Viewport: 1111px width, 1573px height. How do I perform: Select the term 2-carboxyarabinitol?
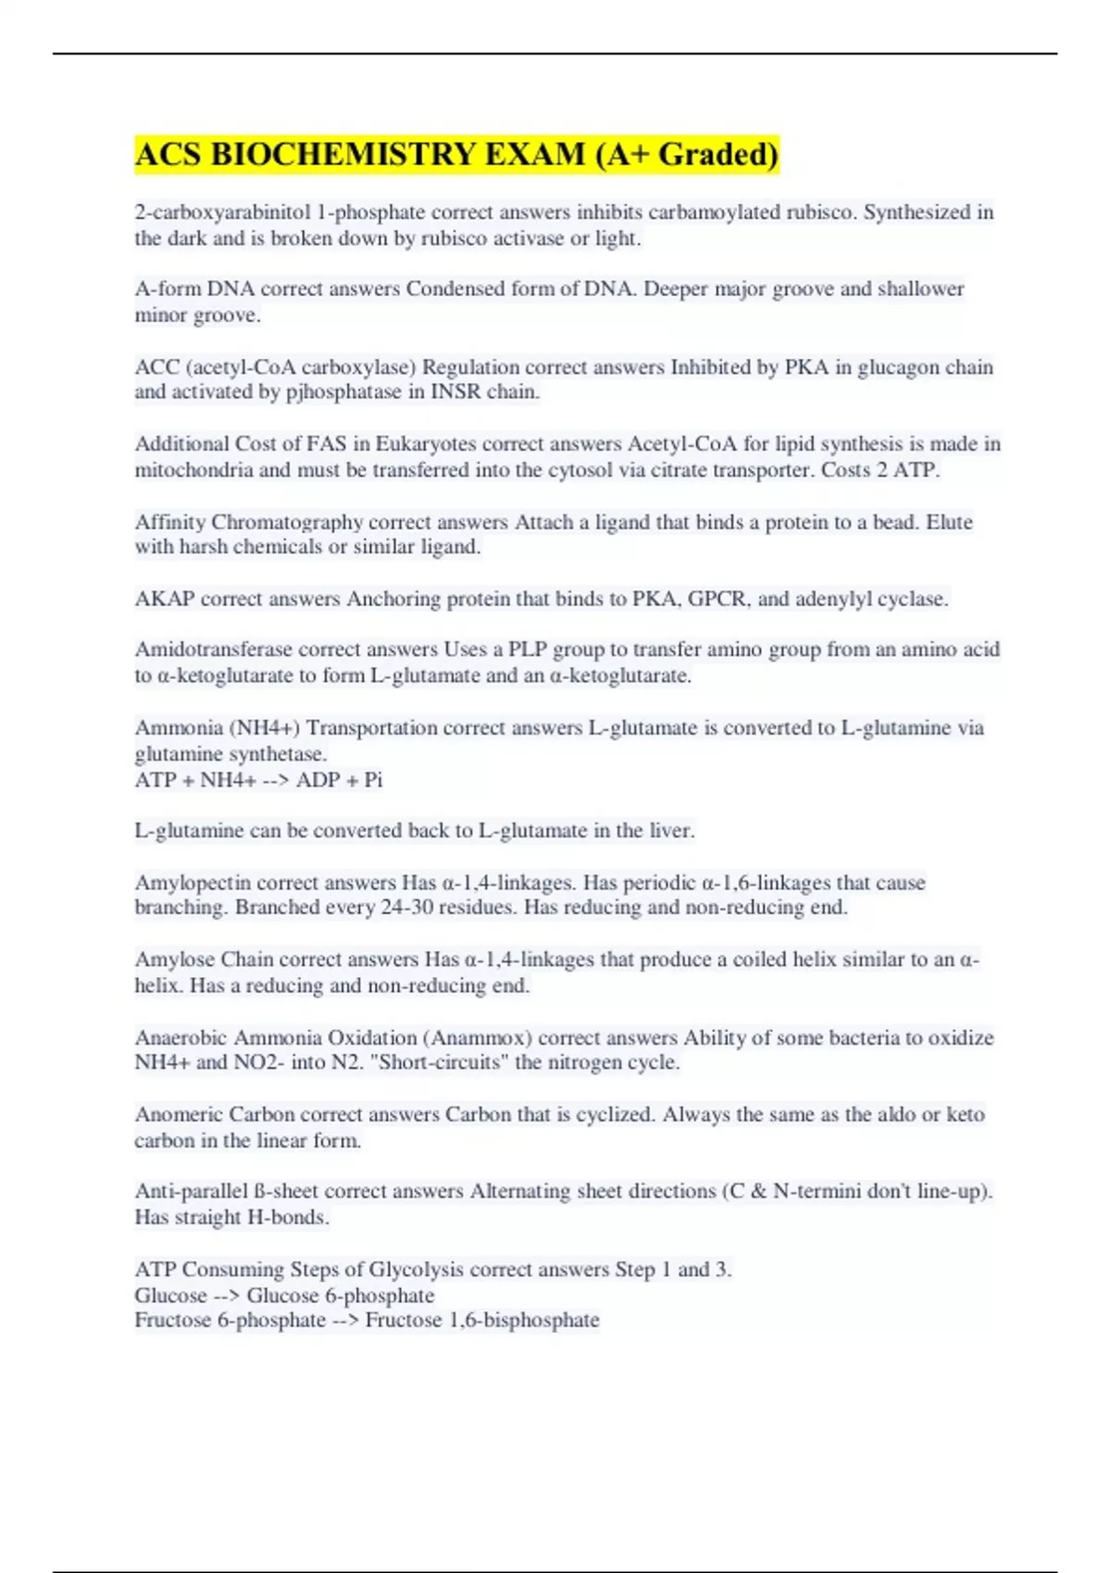point(222,212)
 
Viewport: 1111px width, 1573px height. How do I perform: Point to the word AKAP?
point(165,599)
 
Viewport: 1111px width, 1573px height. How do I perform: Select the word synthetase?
point(279,753)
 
